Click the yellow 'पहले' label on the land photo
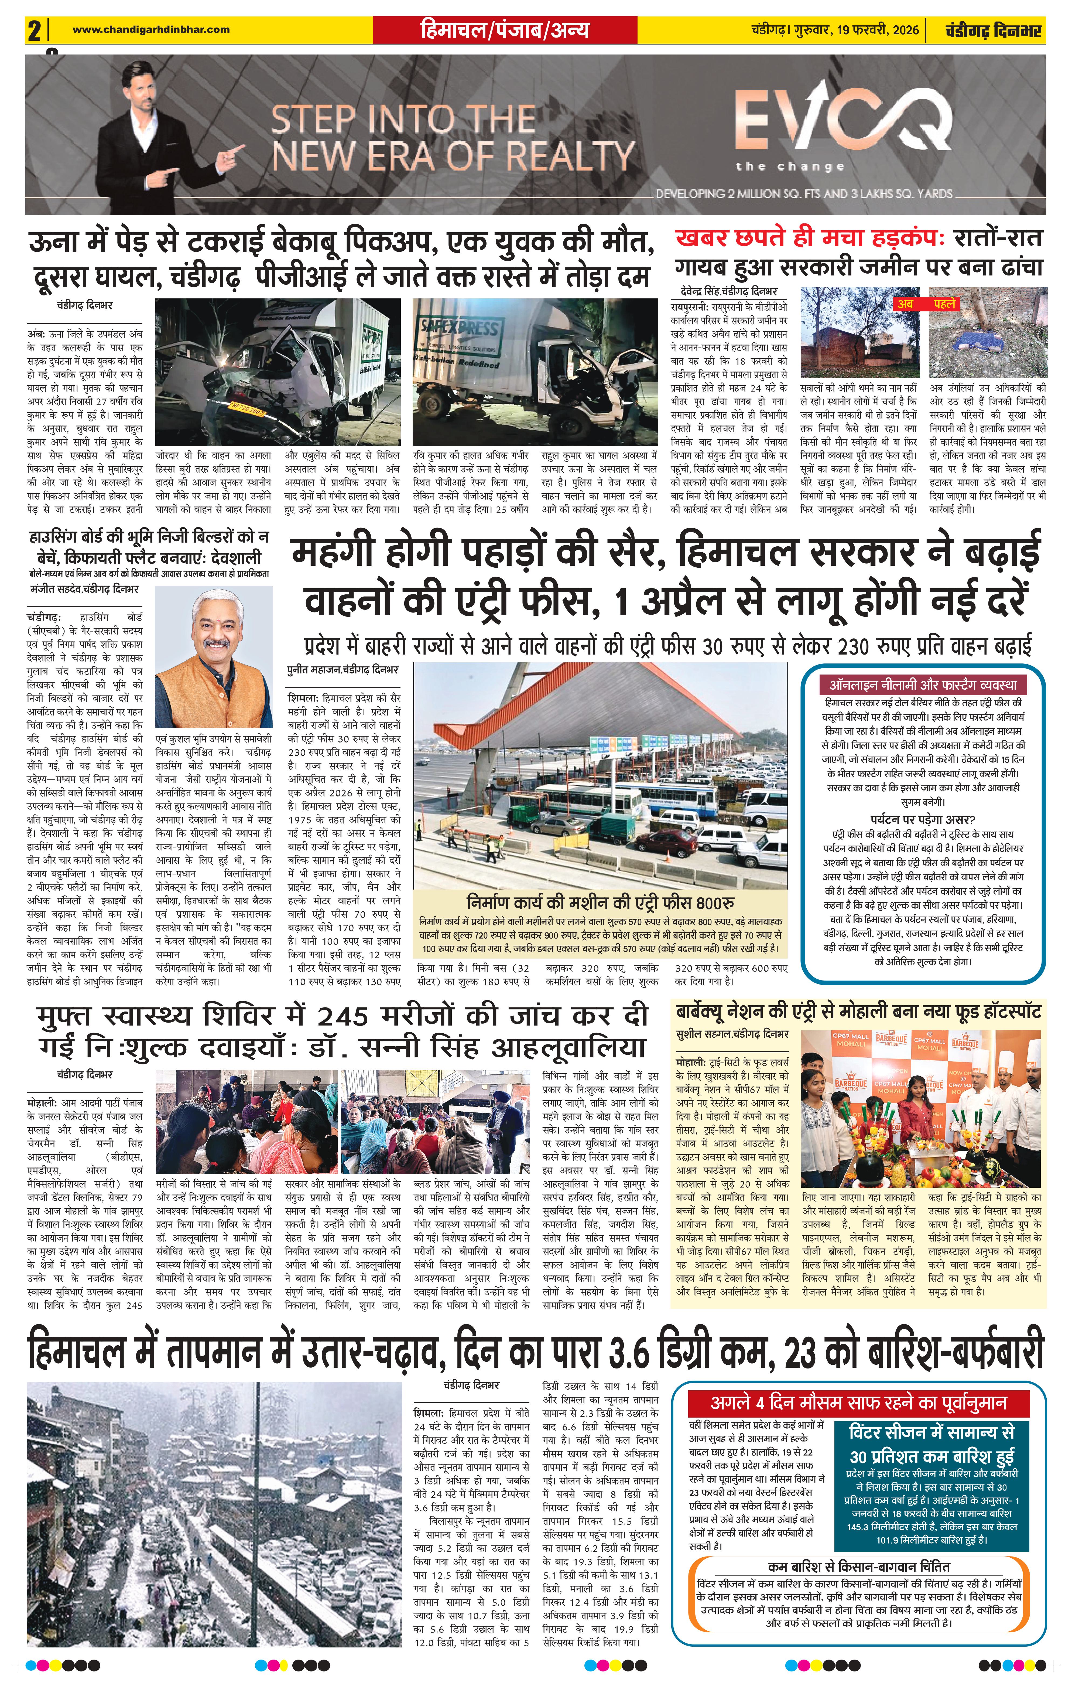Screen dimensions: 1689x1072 944,304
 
